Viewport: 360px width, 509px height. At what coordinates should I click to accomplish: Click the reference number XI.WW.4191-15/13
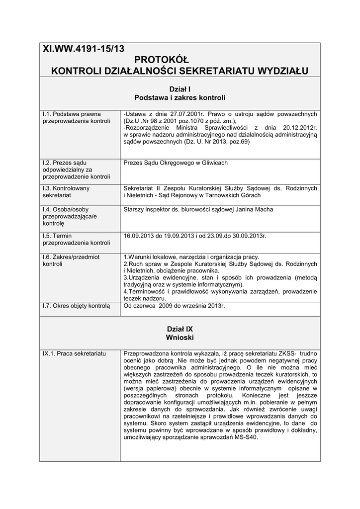(84, 49)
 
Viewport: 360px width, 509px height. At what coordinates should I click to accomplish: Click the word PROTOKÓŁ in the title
(180, 60)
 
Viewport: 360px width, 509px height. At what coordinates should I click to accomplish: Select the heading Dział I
(180, 88)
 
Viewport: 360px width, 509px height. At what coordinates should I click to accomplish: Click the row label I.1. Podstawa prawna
(72, 114)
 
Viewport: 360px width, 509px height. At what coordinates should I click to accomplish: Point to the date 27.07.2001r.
(184, 114)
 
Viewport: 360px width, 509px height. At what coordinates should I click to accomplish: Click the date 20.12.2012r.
(298, 128)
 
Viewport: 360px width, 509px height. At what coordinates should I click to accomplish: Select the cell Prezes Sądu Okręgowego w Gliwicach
(176, 163)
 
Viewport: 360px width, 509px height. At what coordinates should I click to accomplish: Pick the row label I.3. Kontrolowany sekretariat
(66, 192)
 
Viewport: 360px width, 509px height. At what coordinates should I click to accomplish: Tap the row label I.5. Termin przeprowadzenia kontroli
(76, 239)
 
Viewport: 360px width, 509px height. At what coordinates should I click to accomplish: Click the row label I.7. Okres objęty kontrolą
(76, 306)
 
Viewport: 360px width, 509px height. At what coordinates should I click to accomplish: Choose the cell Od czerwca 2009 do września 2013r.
(174, 306)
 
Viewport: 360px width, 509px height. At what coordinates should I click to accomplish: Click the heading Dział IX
(180, 329)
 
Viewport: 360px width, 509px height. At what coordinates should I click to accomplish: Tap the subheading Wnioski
(180, 338)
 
